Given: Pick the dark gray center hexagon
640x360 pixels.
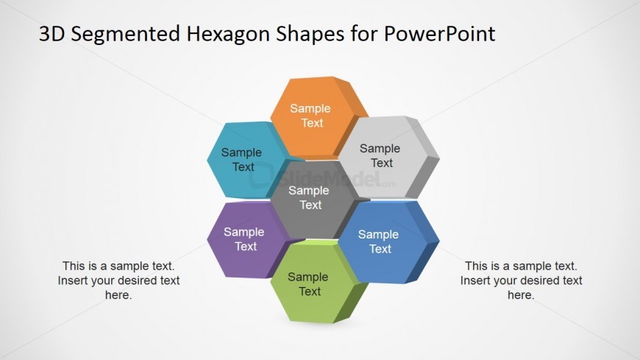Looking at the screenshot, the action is tap(311, 199).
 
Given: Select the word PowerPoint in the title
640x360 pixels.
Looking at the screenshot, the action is tap(439, 34).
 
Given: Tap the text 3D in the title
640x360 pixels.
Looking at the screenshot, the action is tap(51, 34).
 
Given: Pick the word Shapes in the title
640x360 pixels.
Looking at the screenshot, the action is tap(310, 35).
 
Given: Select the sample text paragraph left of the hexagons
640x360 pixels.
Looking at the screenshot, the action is tap(118, 280).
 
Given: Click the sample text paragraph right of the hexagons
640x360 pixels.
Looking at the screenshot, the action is tap(522, 280).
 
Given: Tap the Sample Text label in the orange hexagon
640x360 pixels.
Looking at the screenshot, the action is tap(310, 116).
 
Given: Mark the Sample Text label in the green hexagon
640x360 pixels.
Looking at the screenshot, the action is tap(308, 284).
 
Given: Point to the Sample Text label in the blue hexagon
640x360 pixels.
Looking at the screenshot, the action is tap(379, 241).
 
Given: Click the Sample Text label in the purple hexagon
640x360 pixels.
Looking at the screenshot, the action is tap(244, 239).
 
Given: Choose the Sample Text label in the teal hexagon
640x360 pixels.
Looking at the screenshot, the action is tap(241, 159).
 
